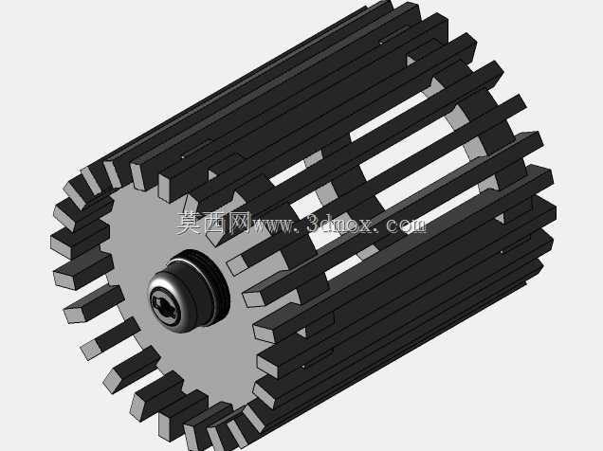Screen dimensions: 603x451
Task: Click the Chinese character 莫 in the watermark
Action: pos(189,223)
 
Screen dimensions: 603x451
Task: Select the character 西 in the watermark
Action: pos(213,223)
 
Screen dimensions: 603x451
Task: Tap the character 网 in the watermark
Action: pos(238,223)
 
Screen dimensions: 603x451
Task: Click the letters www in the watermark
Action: pos(272,225)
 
